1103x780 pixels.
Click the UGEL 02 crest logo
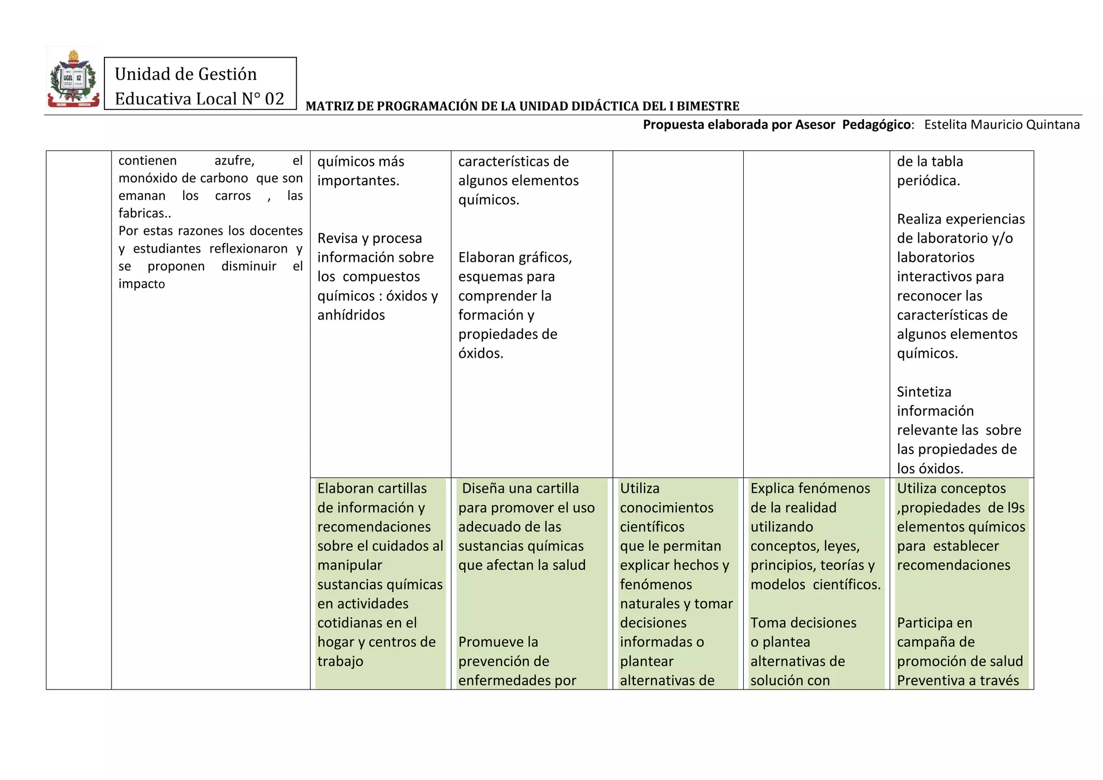pos(73,79)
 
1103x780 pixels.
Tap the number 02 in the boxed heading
pos(274,99)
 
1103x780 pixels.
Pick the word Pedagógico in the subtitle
pos(877,124)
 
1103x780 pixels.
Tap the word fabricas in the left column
pos(143,213)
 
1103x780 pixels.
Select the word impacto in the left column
pos(142,284)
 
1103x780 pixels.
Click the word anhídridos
pos(351,315)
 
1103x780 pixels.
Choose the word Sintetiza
pos(924,392)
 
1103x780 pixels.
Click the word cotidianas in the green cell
pos(351,623)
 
